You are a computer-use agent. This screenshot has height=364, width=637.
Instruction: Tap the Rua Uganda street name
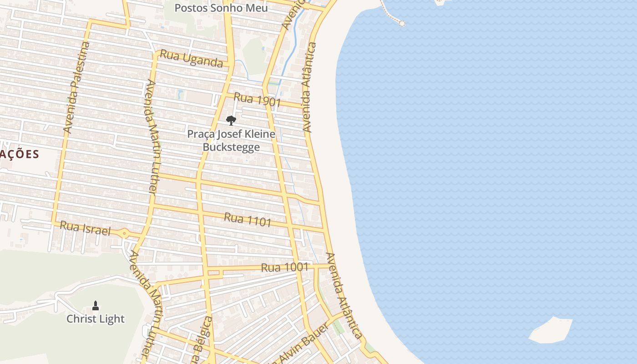[192, 59]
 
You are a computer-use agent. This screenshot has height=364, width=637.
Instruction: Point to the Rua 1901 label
[257, 100]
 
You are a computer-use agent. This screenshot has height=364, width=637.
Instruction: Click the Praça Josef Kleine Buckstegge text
[231, 141]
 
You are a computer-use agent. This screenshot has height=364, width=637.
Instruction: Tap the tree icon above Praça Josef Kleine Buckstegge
[231, 121]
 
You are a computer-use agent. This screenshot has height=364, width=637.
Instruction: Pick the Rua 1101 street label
[248, 220]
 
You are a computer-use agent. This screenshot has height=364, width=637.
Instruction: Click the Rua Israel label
[85, 228]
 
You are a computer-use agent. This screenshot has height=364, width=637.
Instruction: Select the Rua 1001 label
[285, 268]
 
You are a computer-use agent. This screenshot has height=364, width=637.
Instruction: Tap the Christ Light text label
[96, 319]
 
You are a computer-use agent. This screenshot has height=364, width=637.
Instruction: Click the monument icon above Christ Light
[96, 305]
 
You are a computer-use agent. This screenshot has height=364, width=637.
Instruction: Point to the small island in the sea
[551, 330]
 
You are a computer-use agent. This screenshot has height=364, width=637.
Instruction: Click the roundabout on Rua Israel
[124, 234]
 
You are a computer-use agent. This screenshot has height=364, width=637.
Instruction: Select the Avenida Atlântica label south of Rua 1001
[344, 296]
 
